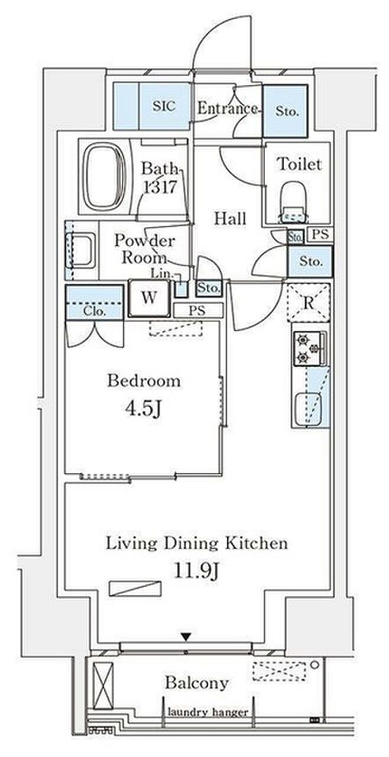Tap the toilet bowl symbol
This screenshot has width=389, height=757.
[x=293, y=202]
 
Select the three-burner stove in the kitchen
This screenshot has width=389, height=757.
[x=309, y=348]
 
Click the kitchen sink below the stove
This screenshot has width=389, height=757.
[x=307, y=409]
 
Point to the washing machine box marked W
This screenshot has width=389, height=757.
[x=149, y=298]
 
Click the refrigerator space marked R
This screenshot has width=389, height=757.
[x=308, y=302]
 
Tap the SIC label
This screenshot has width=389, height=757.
[x=164, y=106]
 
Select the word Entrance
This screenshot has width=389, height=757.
[x=227, y=108]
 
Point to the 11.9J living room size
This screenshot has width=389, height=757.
[x=196, y=571]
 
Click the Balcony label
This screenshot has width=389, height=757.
[x=196, y=682]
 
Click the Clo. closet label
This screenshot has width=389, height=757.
[x=95, y=311]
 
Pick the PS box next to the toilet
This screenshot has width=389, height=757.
[x=320, y=234]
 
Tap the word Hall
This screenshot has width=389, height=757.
[x=231, y=219]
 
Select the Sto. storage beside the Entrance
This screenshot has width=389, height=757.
[x=286, y=111]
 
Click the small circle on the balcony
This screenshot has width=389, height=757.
[x=315, y=665]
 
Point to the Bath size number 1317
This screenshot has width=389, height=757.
[x=160, y=186]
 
